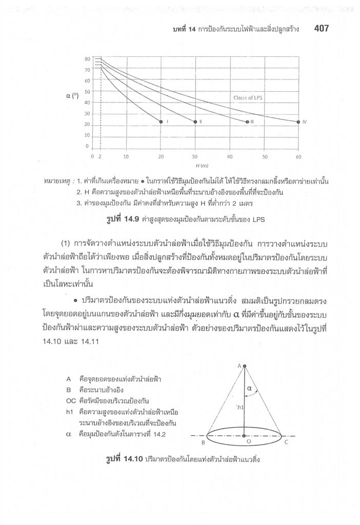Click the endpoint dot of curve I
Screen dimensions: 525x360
coord(161,122)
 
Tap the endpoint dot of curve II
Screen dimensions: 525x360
coord(195,122)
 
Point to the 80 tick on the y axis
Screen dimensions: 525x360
coord(87,59)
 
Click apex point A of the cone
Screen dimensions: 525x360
coord(245,366)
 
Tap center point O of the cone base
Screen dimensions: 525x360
coord(245,436)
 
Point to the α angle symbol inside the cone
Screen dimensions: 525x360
coord(250,389)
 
